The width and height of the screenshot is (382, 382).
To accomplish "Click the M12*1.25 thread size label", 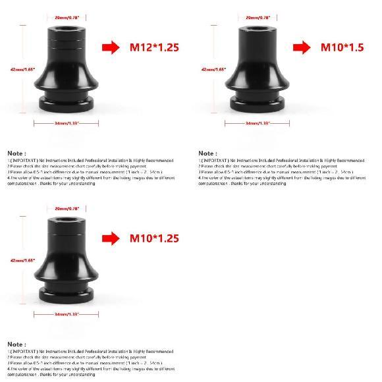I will [x=154, y=47].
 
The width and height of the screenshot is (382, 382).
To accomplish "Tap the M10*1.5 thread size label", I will [x=342, y=47].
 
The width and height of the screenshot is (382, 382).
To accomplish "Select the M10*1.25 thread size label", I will [x=154, y=238].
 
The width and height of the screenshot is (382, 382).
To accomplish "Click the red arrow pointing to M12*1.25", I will [x=111, y=47].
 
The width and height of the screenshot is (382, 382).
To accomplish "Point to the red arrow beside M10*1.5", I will [x=302, y=47].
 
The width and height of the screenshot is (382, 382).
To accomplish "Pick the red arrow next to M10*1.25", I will [x=111, y=238].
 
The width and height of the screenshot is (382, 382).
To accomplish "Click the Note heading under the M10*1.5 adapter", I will [x=207, y=153].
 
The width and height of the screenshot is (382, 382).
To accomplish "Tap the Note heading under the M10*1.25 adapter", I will [x=16, y=344].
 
